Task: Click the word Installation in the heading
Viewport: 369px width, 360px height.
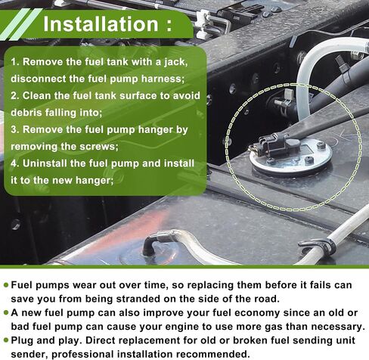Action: point(101,24)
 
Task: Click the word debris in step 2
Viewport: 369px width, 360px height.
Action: point(26,113)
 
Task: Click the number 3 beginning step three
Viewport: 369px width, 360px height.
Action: point(14,129)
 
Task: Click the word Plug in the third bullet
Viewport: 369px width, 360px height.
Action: point(22,341)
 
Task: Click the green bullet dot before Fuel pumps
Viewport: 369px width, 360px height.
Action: point(6,285)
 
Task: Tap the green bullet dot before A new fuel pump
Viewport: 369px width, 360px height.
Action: point(6,313)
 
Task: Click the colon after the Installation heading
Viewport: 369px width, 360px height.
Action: point(169,26)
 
